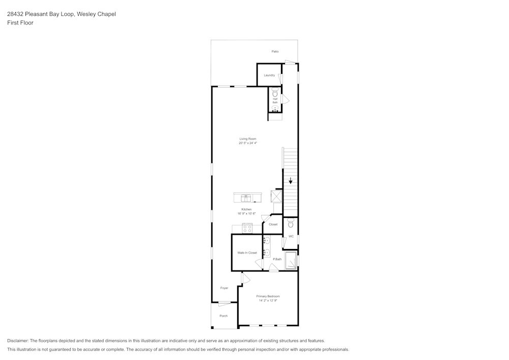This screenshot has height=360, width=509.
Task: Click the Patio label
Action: click(x=275, y=51)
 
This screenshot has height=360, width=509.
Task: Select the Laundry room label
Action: click(x=269, y=75)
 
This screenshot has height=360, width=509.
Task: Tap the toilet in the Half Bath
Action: click(x=275, y=94)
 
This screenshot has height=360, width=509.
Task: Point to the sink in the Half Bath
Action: click(x=275, y=108)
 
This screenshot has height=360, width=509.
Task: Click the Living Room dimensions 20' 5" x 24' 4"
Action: click(x=248, y=143)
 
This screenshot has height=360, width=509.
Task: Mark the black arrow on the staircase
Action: click(x=291, y=180)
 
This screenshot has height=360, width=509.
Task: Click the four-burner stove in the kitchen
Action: click(x=247, y=229)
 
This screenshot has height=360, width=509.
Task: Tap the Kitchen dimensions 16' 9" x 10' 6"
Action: click(x=246, y=213)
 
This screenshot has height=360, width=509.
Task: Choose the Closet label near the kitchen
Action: click(x=273, y=224)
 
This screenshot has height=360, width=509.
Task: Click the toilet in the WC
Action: click(x=291, y=224)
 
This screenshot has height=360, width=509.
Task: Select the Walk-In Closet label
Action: click(x=247, y=253)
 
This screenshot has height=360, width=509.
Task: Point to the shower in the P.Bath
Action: click(x=291, y=260)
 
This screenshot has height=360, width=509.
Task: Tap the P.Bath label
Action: click(x=277, y=259)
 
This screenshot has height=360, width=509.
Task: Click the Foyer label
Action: click(x=224, y=288)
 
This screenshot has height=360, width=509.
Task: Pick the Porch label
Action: click(x=223, y=316)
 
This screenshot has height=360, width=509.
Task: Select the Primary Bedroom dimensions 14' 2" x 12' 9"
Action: click(x=268, y=300)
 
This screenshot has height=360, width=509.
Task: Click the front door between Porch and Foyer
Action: click(x=224, y=304)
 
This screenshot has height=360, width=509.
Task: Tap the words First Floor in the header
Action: click(x=20, y=23)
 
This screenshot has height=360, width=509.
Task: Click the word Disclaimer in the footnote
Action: click(x=18, y=341)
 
